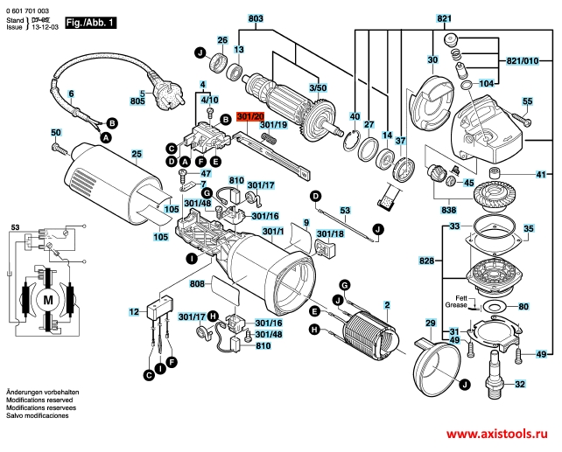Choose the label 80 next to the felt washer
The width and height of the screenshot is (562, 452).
point(523,307)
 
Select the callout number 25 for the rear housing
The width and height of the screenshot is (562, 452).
point(136,155)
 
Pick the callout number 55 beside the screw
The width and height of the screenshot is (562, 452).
point(527,101)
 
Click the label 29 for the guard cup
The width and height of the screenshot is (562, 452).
point(430,323)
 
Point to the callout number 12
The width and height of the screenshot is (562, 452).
point(134,311)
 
